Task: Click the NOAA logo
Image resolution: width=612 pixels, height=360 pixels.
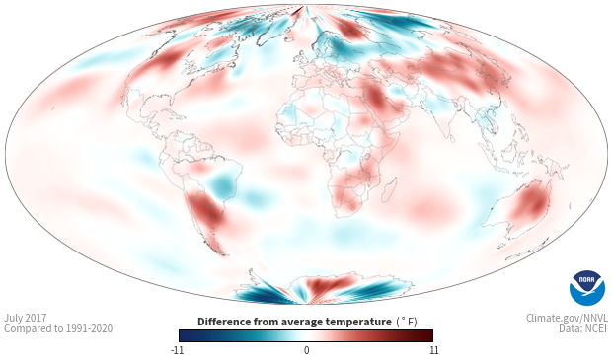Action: tap(587, 288)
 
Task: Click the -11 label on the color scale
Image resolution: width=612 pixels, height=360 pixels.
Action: tap(177, 350)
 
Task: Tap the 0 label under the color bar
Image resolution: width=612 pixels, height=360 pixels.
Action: tap(306, 350)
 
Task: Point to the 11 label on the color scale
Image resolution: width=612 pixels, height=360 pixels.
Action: tap(434, 350)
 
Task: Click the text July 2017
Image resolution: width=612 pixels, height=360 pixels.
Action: tap(26, 318)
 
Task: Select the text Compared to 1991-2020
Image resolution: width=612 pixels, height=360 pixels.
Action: tap(58, 328)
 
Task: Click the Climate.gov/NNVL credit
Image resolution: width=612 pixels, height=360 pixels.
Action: tap(567, 318)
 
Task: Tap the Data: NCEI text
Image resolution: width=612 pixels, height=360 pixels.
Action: tap(583, 328)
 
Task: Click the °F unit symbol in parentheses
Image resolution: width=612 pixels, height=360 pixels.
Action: tap(407, 322)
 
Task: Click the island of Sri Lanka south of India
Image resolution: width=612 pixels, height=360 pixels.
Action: tap(451, 138)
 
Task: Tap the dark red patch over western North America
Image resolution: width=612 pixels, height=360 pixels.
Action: tap(166, 59)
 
